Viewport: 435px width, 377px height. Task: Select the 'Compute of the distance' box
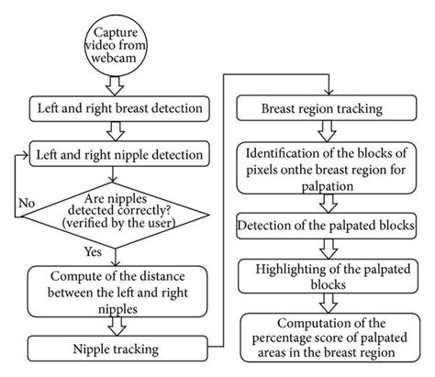[120, 290]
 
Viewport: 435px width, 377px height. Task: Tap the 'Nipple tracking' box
[120, 348]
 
